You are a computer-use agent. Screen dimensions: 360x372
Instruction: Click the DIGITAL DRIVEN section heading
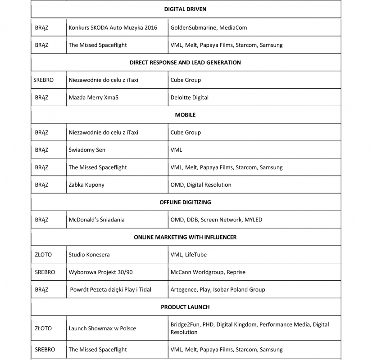point(185,9)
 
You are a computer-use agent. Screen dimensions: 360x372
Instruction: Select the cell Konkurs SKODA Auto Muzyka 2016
point(113,27)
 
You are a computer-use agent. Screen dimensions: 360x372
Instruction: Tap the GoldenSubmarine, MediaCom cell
point(209,27)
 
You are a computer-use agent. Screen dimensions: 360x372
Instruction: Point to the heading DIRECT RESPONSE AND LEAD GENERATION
point(185,63)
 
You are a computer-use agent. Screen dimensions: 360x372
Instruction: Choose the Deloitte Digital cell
point(189,97)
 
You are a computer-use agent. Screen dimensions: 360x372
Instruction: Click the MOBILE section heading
point(185,115)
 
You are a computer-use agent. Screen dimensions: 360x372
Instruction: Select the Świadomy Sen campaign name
point(87,150)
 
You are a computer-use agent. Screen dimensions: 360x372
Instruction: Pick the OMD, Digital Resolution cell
point(201,185)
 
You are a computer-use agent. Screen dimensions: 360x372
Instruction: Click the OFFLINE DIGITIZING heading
point(185,202)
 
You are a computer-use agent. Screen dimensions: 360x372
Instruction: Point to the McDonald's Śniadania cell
point(96,220)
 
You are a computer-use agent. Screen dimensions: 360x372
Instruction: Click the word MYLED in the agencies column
point(253,220)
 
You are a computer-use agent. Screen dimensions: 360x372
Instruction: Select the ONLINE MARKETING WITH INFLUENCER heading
point(185,237)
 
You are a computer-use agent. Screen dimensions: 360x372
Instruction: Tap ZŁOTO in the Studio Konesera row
point(43,255)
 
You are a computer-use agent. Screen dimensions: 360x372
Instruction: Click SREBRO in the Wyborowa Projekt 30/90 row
point(45,272)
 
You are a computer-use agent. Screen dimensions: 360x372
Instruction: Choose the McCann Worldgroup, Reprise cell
point(208,272)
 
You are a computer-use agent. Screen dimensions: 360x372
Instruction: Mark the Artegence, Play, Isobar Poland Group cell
point(218,290)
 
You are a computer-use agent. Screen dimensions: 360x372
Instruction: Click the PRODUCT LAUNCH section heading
point(185,307)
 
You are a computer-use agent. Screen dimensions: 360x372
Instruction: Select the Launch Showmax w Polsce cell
point(102,328)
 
